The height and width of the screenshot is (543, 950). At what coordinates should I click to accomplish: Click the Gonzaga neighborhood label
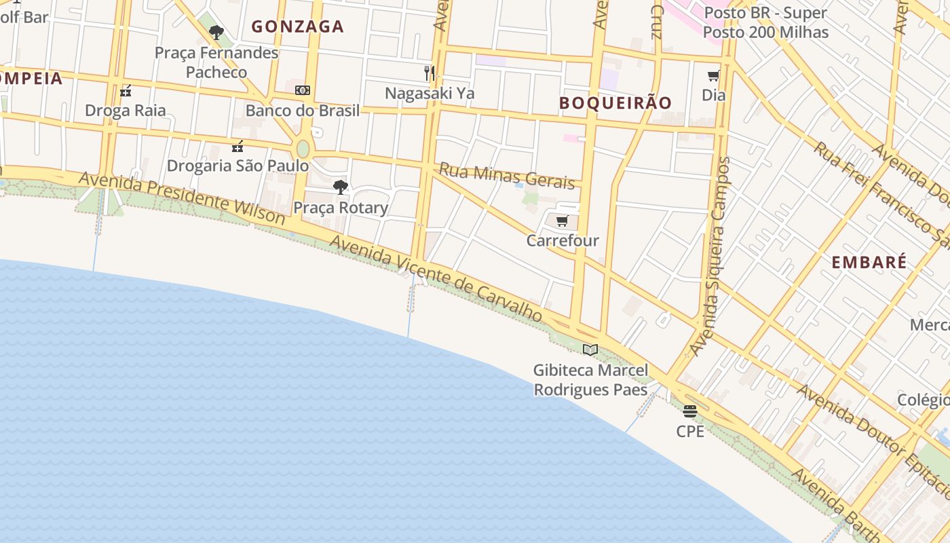[x=298, y=26]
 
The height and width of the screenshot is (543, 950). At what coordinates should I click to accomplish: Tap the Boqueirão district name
[x=615, y=102]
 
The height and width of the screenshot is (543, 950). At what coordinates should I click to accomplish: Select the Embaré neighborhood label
[x=869, y=263]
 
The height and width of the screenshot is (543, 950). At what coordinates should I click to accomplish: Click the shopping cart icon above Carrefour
[x=562, y=221]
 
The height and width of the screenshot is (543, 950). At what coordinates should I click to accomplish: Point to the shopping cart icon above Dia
[x=713, y=76]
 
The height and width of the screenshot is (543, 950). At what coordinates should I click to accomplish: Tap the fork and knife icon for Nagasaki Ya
[x=429, y=73]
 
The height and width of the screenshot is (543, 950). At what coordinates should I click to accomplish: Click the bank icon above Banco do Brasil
[x=302, y=90]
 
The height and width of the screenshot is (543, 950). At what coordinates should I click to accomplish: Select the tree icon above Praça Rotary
[x=341, y=187]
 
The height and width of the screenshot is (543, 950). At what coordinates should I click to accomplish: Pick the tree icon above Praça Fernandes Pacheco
[x=216, y=32]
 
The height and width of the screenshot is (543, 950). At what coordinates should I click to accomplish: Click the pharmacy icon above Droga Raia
[x=126, y=91]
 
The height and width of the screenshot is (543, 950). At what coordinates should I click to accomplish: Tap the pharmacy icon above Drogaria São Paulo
[x=237, y=146]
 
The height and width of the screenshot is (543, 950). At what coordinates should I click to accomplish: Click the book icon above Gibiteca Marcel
[x=590, y=350]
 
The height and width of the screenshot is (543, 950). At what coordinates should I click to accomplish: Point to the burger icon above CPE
[x=690, y=411]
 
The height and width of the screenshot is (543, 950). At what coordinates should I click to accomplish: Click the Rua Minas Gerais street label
[x=507, y=176]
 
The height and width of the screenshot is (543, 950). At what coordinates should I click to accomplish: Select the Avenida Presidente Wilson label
[x=182, y=198]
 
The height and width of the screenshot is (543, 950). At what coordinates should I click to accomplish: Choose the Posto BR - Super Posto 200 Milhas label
[x=765, y=22]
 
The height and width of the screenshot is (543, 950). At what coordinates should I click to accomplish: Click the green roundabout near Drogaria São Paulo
[x=303, y=149]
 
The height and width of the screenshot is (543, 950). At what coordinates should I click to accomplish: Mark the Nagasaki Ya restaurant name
[x=430, y=93]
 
